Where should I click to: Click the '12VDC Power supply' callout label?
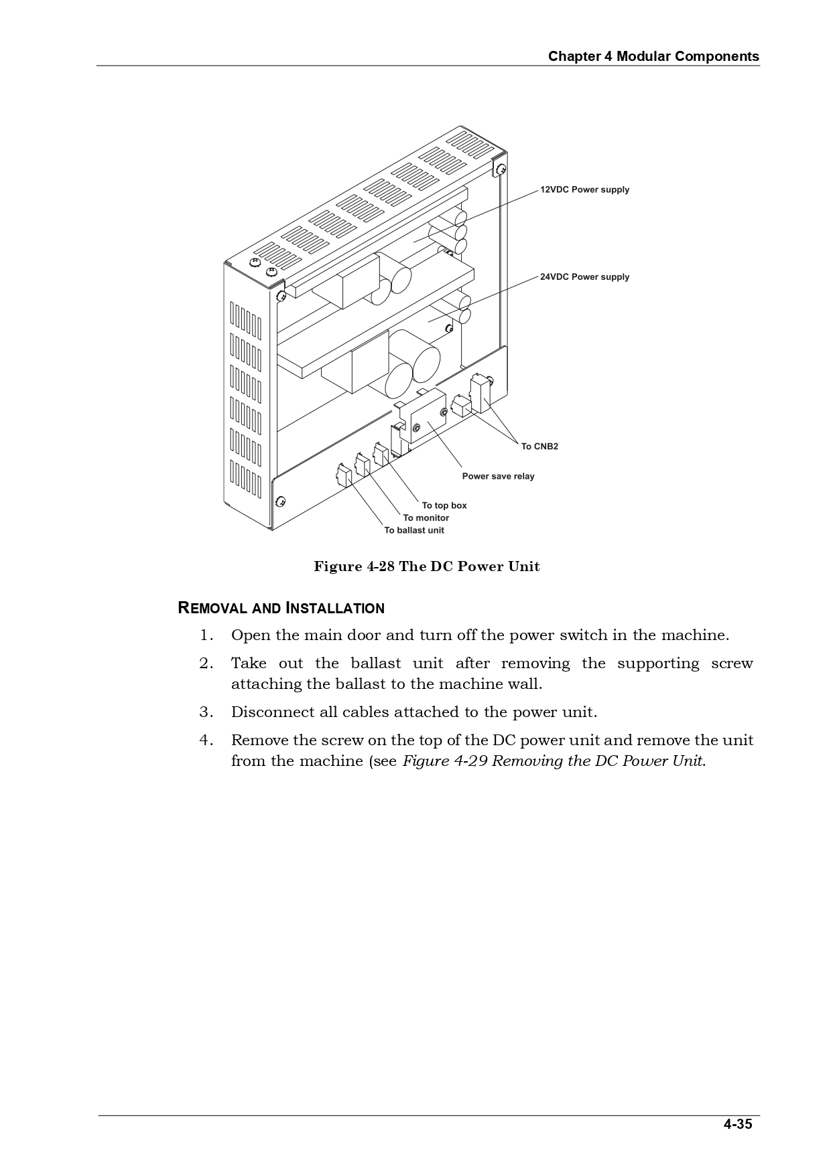(x=585, y=189)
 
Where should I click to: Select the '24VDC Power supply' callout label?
(x=585, y=277)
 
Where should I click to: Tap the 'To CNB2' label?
(x=539, y=447)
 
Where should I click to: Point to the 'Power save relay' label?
(x=498, y=476)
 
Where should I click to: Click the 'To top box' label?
(x=444, y=505)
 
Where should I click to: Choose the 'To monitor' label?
(x=426, y=518)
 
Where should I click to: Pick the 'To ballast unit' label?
(x=414, y=530)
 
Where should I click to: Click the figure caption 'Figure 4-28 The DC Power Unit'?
(x=427, y=566)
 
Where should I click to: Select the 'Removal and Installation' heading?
(x=281, y=608)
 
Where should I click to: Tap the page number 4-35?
(x=737, y=1124)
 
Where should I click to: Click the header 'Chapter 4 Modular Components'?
(x=653, y=56)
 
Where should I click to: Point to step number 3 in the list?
(x=206, y=712)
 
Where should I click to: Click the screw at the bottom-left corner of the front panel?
(x=281, y=501)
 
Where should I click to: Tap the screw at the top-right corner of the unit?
(x=500, y=168)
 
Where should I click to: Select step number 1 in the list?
(x=206, y=635)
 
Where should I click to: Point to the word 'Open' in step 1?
(x=250, y=635)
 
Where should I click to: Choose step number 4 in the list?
(x=206, y=740)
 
